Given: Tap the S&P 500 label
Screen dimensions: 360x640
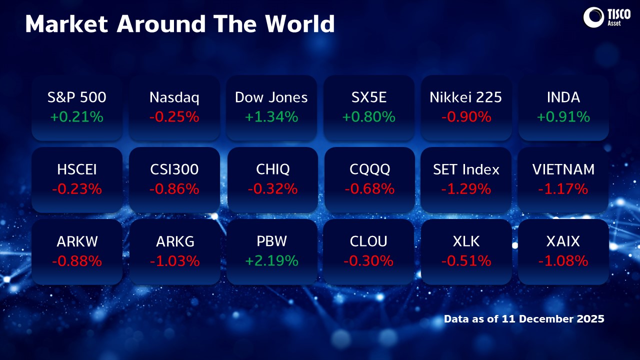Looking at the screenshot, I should (77, 97).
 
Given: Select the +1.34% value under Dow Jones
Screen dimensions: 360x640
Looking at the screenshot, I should (271, 117).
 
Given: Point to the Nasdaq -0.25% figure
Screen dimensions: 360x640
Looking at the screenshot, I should (174, 117).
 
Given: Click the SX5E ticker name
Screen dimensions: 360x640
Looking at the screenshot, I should (369, 97).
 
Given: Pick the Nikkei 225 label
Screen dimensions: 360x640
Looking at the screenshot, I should (466, 97).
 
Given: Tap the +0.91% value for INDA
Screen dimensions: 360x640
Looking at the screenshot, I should (563, 117).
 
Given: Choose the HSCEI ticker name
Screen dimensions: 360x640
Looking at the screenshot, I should (77, 169).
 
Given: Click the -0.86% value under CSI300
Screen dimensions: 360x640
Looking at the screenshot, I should (174, 189).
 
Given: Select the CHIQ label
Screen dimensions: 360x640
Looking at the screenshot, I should (272, 169).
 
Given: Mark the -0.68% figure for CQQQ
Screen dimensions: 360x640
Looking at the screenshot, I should (369, 189).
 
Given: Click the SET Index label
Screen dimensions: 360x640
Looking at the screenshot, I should (466, 169).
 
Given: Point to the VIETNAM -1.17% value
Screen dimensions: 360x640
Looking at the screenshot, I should (563, 189).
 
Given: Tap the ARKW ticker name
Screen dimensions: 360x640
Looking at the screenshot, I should (77, 241).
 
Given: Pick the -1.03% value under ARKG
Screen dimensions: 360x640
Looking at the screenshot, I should (174, 261).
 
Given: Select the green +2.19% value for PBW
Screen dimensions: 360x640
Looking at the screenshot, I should (272, 261).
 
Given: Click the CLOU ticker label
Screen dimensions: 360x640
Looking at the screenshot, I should (369, 241).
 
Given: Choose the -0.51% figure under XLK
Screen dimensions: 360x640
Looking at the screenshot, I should (466, 261).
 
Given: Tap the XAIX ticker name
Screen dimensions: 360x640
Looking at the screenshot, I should (563, 241).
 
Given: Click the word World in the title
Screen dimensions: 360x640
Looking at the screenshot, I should (299, 24).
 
